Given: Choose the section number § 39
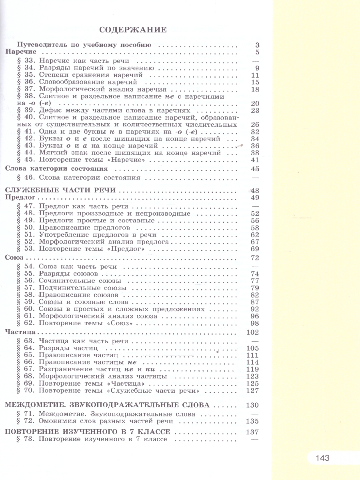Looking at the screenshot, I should (x=27, y=111).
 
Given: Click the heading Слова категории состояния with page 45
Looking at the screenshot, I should (x=56, y=168).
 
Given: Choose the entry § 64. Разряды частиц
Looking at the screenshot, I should (x=68, y=348).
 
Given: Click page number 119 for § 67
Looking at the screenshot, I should (x=253, y=369).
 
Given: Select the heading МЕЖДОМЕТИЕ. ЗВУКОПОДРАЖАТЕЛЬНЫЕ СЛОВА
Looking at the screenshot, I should (x=108, y=404).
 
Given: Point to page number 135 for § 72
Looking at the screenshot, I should (x=253, y=421).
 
